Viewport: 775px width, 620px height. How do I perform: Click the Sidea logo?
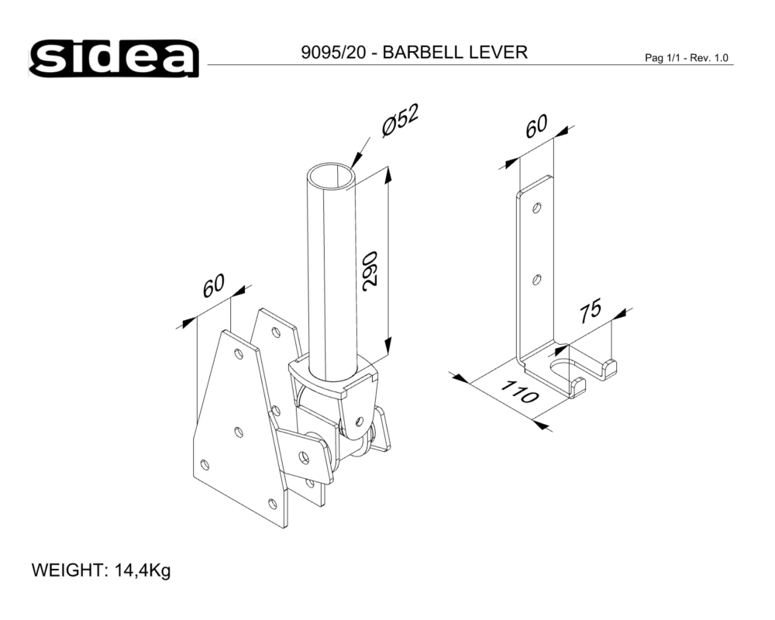click(115, 58)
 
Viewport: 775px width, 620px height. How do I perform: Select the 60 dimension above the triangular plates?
click(213, 285)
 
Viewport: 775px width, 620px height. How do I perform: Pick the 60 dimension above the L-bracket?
click(536, 126)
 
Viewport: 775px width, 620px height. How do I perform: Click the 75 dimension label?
click(590, 309)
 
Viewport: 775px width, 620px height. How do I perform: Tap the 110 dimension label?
click(518, 392)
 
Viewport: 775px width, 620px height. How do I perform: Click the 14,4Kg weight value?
click(142, 572)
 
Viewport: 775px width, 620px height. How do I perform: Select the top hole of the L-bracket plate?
click(537, 208)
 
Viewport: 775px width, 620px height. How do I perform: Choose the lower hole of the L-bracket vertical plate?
click(537, 280)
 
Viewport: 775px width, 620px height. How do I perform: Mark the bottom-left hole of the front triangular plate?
click(205, 464)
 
